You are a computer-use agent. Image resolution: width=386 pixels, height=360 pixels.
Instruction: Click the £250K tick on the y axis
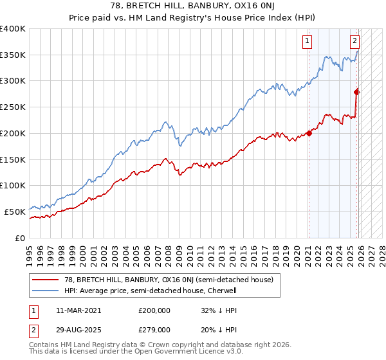(x=13, y=107)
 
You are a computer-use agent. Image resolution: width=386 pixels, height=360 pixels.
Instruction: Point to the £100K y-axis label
(x=13, y=185)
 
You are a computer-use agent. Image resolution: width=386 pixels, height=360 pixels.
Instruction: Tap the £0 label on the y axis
(x=19, y=238)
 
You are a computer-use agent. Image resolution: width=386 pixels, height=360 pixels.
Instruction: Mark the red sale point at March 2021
(x=309, y=133)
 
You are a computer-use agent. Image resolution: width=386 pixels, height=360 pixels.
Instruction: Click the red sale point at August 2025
(x=357, y=92)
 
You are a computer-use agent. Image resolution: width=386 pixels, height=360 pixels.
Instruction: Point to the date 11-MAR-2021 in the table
(x=78, y=310)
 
